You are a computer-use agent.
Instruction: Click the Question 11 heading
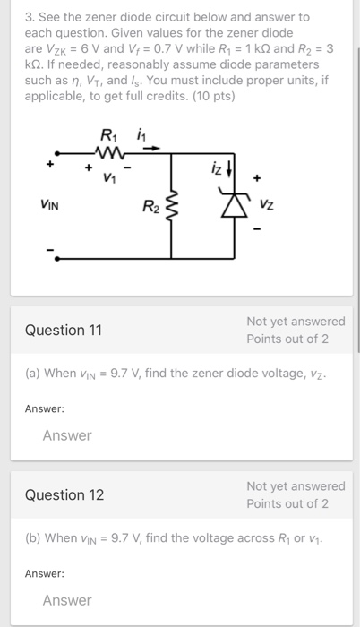point(64,330)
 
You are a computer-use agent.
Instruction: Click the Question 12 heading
point(64,494)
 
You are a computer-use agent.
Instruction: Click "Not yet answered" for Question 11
point(295,321)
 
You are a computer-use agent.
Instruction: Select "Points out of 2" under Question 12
point(287,503)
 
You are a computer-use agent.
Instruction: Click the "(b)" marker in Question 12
point(32,537)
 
